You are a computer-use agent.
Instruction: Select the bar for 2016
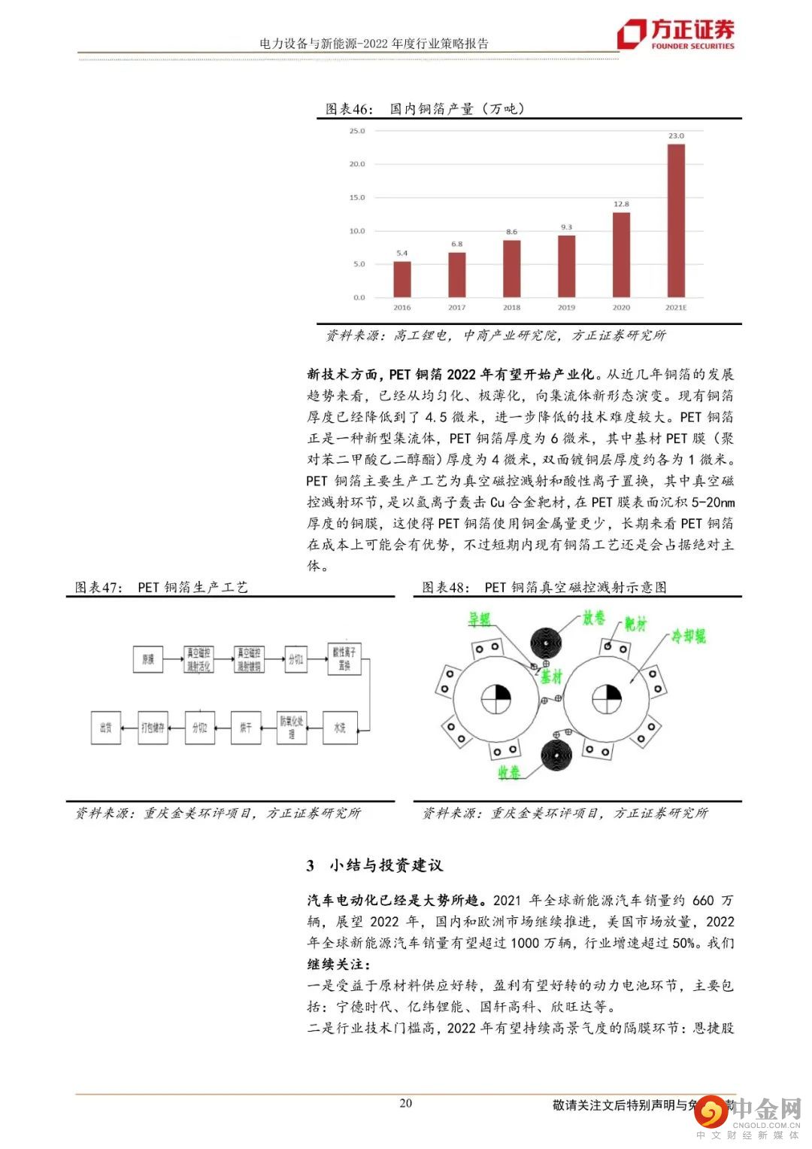tap(402, 279)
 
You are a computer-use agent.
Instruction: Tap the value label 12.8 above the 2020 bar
tap(621, 204)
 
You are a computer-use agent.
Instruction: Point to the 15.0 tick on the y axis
tap(356, 198)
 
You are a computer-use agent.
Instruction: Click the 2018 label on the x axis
tap(511, 308)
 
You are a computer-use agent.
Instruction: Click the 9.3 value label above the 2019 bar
tap(566, 227)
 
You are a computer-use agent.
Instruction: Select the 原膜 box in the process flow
tap(148, 659)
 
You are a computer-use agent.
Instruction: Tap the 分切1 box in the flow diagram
tap(295, 659)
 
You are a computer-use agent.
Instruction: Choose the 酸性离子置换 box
tap(344, 658)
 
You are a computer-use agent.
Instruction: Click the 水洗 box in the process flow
tap(339, 728)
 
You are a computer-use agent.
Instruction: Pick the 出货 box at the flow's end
tap(106, 728)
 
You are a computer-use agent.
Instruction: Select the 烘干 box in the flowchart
tap(246, 728)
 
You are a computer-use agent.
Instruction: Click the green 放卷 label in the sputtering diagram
tap(593, 619)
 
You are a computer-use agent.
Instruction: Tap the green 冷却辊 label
tap(689, 637)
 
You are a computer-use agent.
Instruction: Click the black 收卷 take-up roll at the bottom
tap(556, 756)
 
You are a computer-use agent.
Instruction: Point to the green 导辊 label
tap(479, 619)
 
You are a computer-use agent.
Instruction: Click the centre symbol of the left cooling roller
tap(495, 699)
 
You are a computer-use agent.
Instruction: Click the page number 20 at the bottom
tap(405, 1103)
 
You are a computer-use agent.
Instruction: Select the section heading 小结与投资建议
tap(386, 865)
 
